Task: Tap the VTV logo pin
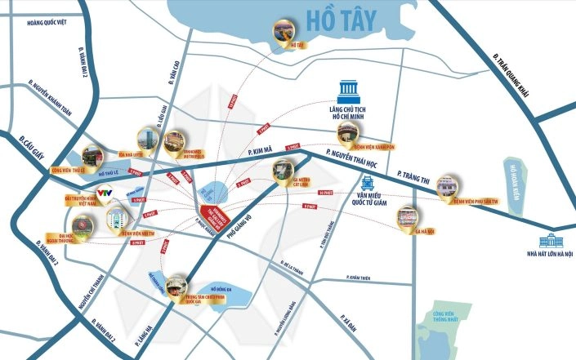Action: click(104, 193)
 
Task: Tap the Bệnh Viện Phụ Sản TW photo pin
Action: click(449, 186)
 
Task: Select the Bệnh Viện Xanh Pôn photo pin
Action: click(352, 130)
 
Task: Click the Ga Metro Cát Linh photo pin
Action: click(283, 171)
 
